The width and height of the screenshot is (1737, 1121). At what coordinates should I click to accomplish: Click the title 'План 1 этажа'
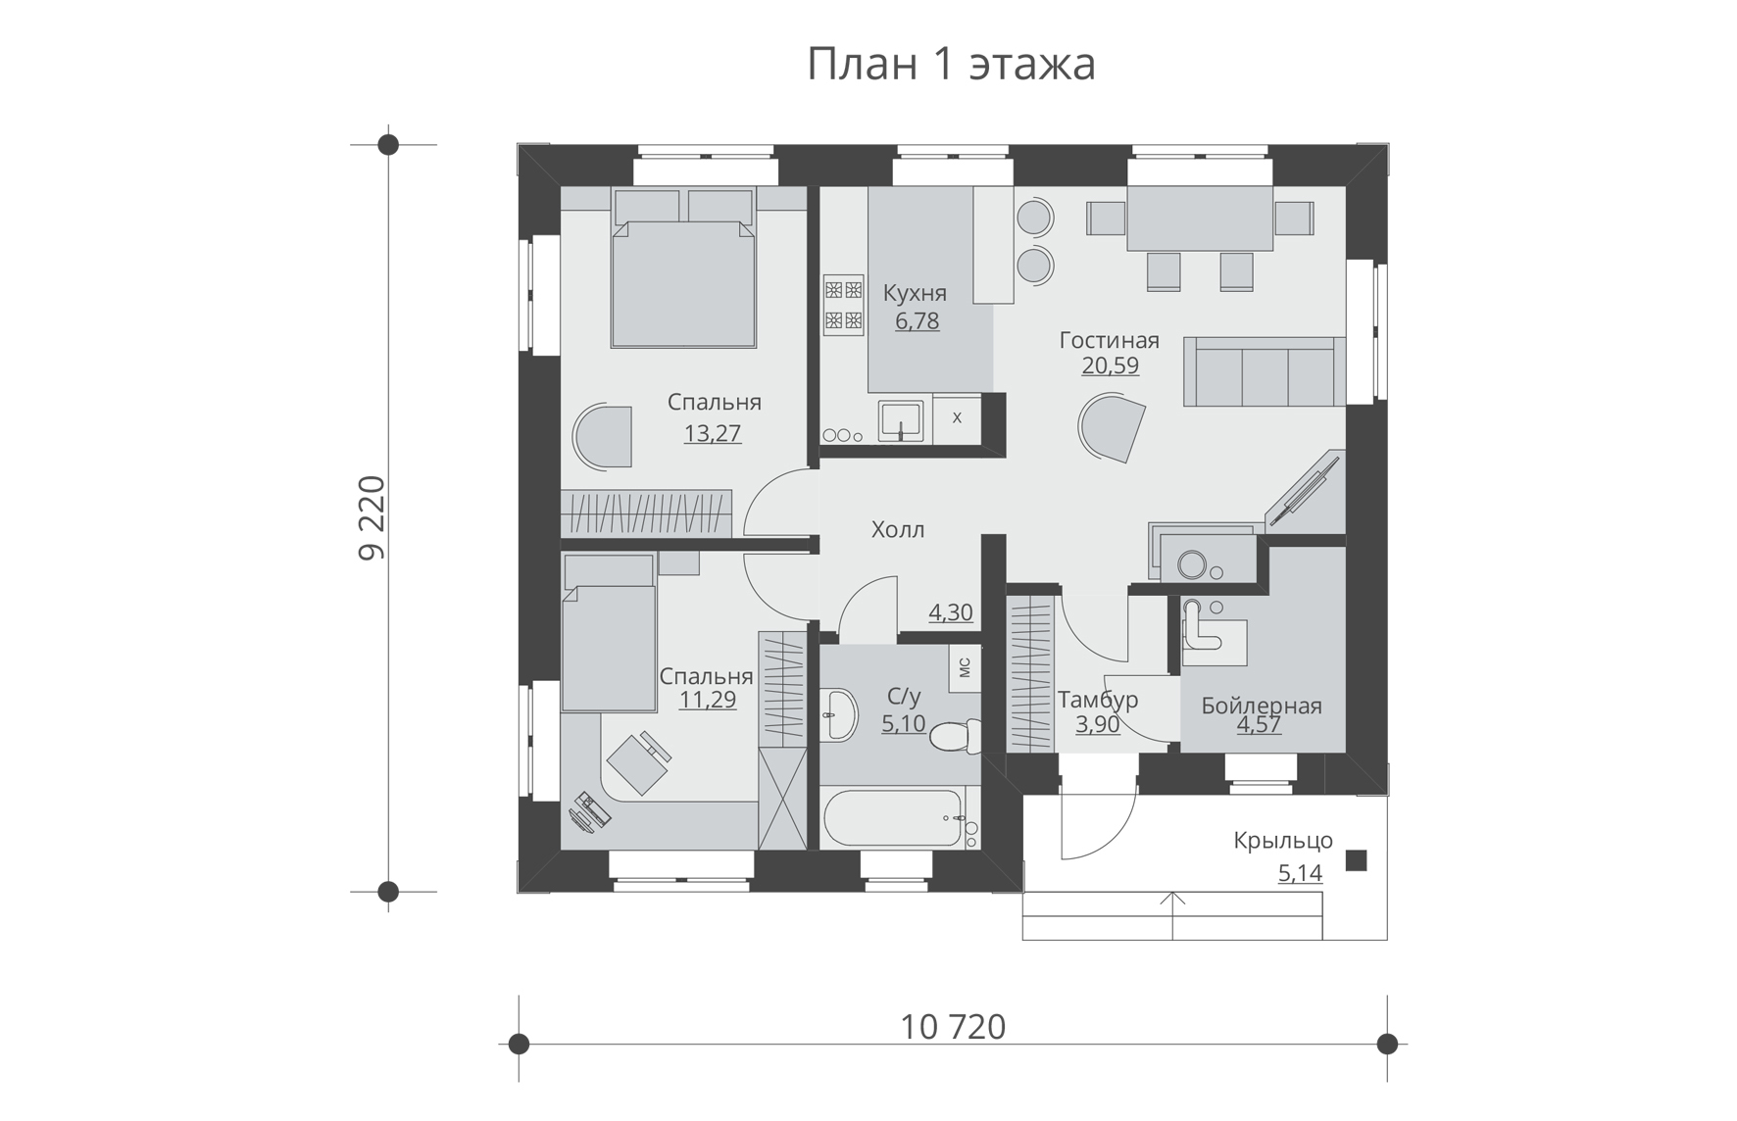coord(951,65)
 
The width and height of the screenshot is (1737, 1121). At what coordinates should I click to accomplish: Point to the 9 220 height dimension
coord(372,517)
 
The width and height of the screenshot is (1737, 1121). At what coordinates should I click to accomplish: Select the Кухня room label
coord(915,293)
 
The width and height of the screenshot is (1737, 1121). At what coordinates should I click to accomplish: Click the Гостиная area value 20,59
coord(1110,366)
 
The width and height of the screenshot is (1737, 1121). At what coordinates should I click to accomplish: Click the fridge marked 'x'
coord(958,418)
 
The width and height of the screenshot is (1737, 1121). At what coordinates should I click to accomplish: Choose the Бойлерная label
coord(1262,706)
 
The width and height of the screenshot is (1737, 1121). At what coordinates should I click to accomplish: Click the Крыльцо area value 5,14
coord(1300,872)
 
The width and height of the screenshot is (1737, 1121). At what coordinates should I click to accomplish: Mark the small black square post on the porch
coord(1356,860)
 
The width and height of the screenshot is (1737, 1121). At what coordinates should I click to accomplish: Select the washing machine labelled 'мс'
coord(965,668)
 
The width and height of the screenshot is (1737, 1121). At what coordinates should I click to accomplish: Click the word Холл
coord(898,530)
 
